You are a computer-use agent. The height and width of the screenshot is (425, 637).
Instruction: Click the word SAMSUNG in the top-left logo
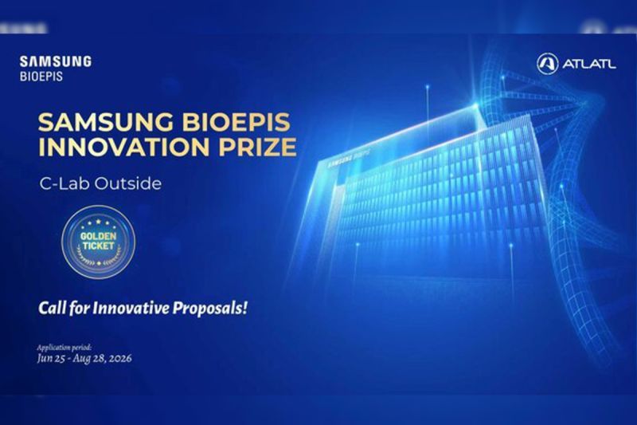tap(56, 61)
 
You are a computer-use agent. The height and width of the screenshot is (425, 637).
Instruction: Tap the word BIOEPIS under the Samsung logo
tap(41, 77)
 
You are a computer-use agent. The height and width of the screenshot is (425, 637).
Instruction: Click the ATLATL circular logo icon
tap(547, 64)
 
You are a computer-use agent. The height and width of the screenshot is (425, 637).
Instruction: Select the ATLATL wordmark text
tap(589, 64)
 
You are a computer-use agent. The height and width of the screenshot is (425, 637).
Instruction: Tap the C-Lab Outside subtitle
tap(100, 183)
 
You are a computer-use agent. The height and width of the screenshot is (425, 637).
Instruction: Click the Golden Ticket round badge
tap(98, 242)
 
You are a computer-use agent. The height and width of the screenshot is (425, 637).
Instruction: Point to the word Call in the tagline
tap(52, 308)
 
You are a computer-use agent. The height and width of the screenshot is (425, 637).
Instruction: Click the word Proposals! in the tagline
tap(210, 309)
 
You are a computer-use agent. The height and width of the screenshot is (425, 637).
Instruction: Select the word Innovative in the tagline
tap(131, 308)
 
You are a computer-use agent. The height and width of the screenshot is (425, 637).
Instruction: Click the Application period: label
tap(64, 348)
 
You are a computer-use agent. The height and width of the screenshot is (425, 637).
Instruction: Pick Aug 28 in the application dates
tap(89, 359)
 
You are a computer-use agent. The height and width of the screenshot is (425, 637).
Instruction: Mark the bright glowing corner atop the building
tap(475, 105)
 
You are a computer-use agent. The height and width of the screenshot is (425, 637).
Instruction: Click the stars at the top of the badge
tap(98, 223)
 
